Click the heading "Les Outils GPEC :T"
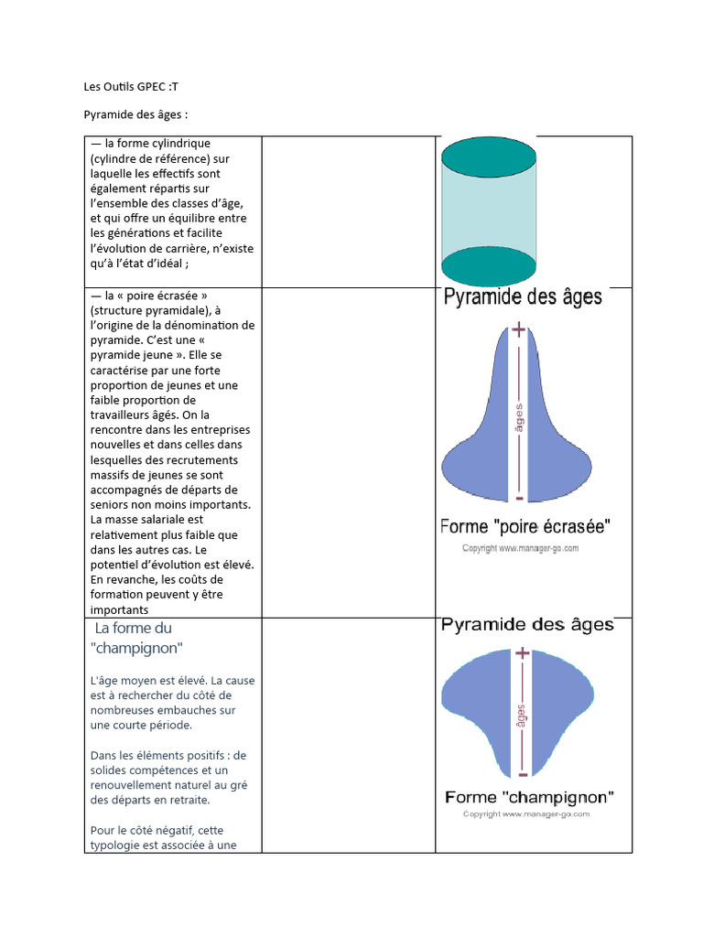click(138, 87)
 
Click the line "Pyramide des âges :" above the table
click(135, 115)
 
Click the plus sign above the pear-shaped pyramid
click(520, 329)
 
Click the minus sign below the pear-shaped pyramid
click(520, 498)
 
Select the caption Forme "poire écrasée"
click(525, 526)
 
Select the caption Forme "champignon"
click(529, 796)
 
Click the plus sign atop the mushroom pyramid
click(522, 653)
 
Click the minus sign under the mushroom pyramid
click(522, 774)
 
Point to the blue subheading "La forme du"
click(134, 628)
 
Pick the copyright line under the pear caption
click(520, 548)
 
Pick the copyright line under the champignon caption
click(526, 813)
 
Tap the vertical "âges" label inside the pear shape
click(520, 417)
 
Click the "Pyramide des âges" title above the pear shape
click(523, 297)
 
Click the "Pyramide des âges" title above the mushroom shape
click(527, 626)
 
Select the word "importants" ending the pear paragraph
click(119, 609)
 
